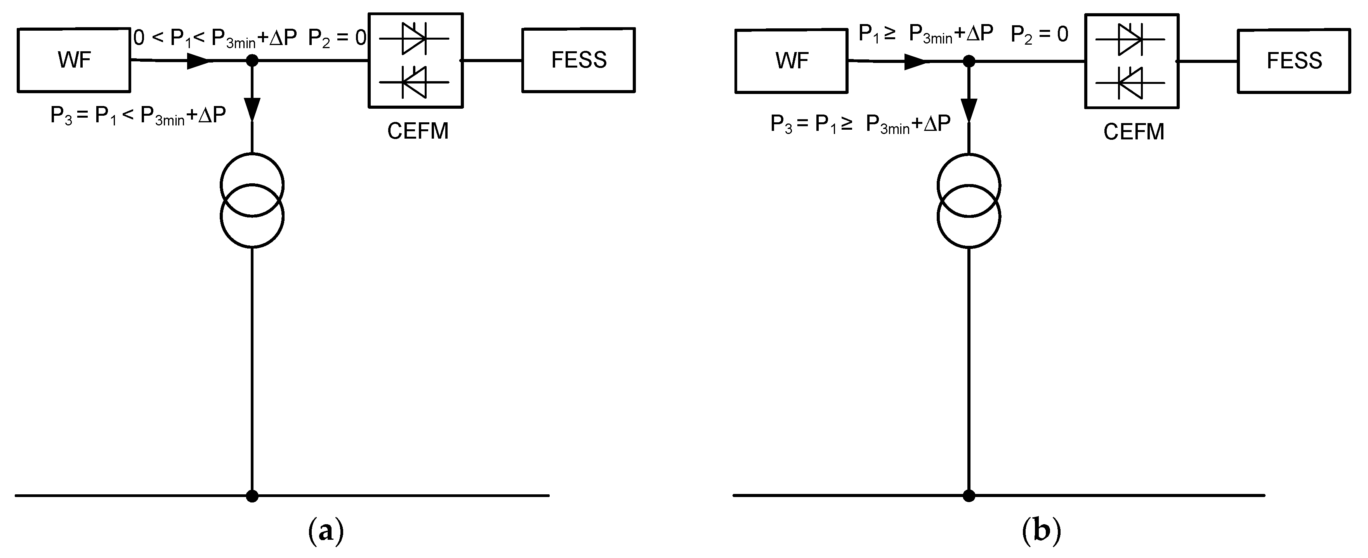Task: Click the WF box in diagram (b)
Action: pos(791,61)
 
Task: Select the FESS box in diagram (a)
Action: pos(578,60)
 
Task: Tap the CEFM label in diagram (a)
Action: pos(417,131)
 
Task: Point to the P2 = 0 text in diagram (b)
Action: pos(1039,35)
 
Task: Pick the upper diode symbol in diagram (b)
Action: pos(1130,39)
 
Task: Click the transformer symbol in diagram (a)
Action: pos(252,200)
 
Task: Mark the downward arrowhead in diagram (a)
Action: pos(253,110)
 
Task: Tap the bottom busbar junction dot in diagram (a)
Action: pos(252,496)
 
